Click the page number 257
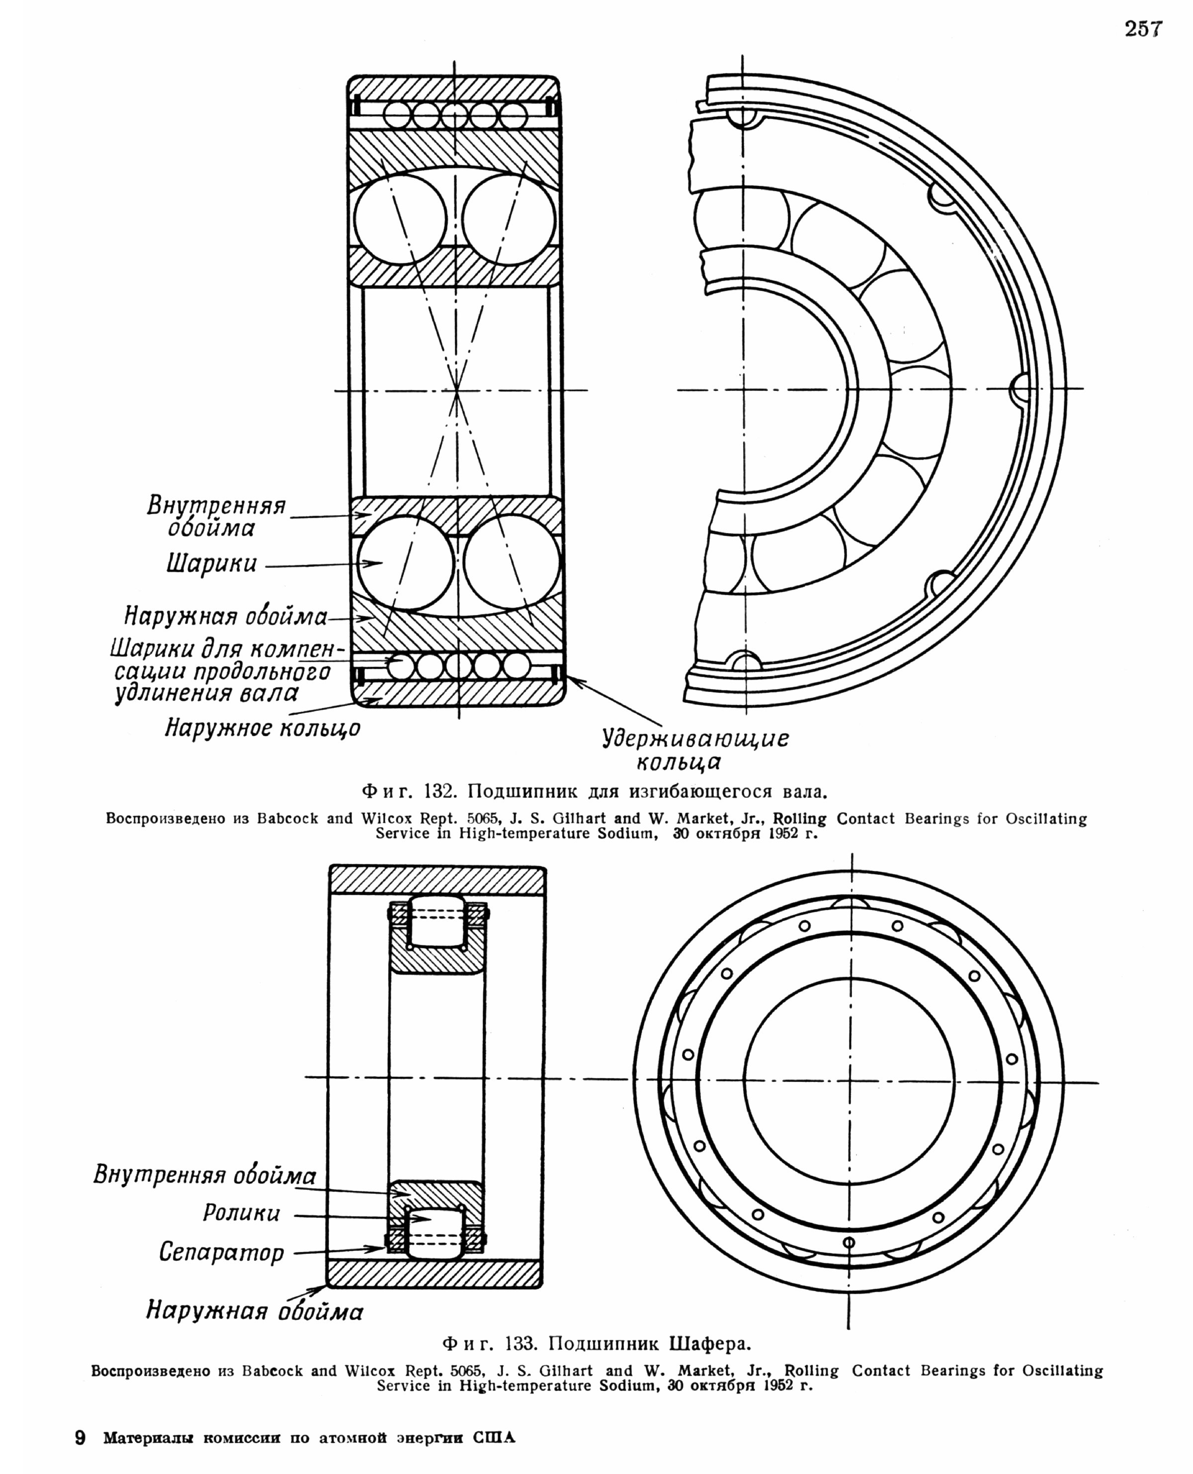[x=1143, y=29]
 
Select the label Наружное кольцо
[x=262, y=728]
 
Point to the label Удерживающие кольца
[x=695, y=750]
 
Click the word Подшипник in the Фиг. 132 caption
[x=522, y=791]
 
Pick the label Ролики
[x=241, y=1213]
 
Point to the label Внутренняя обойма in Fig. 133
[x=205, y=1175]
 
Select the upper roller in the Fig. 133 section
[x=437, y=921]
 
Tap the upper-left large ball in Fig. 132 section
[x=400, y=219]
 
